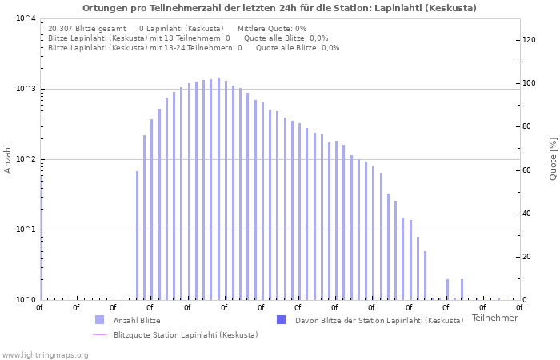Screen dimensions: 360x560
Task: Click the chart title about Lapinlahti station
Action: click(x=279, y=8)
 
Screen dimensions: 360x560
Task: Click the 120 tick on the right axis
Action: click(x=528, y=40)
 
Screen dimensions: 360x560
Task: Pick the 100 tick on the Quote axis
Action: click(x=528, y=83)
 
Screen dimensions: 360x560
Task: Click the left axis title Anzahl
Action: click(x=8, y=159)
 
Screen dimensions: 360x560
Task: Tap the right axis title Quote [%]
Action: click(x=553, y=159)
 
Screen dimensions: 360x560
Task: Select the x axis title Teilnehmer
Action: click(x=494, y=318)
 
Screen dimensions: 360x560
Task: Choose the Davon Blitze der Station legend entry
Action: click(x=378, y=320)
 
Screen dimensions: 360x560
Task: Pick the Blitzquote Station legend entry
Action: click(x=185, y=334)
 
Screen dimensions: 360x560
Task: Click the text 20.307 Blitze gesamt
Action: click(x=86, y=28)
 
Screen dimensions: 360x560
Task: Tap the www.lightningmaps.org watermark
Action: click(x=44, y=354)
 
